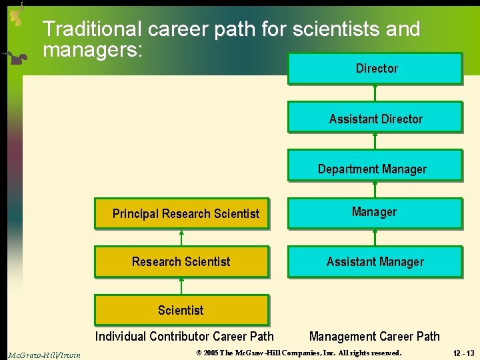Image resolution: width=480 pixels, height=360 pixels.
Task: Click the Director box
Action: tap(375, 69)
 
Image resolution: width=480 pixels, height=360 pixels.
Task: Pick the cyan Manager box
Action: tap(375, 213)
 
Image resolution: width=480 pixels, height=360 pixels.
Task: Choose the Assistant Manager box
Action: tap(375, 262)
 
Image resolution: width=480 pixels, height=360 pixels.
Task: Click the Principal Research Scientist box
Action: tap(181, 214)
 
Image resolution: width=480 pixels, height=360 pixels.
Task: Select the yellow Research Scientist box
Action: tap(181, 262)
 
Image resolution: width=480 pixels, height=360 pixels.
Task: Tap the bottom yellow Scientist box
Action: tap(181, 310)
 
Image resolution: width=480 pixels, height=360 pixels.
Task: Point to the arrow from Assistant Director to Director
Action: tap(375, 93)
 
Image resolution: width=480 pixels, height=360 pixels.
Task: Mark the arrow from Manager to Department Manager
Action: tap(375, 189)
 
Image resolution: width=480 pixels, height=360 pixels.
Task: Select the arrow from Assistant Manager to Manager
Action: tap(375, 238)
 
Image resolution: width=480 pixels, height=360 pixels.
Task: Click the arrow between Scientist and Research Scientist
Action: tap(181, 286)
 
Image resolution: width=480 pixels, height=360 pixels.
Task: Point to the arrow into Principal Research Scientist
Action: tap(181, 238)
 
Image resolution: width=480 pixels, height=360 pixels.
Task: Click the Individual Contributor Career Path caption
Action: tap(184, 336)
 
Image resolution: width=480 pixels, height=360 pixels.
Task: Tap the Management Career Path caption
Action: tap(374, 336)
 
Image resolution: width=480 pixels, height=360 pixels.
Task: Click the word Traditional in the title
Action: tap(92, 29)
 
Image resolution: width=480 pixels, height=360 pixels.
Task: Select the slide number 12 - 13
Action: tap(461, 353)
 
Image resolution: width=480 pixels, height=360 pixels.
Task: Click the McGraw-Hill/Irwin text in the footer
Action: tap(44, 355)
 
